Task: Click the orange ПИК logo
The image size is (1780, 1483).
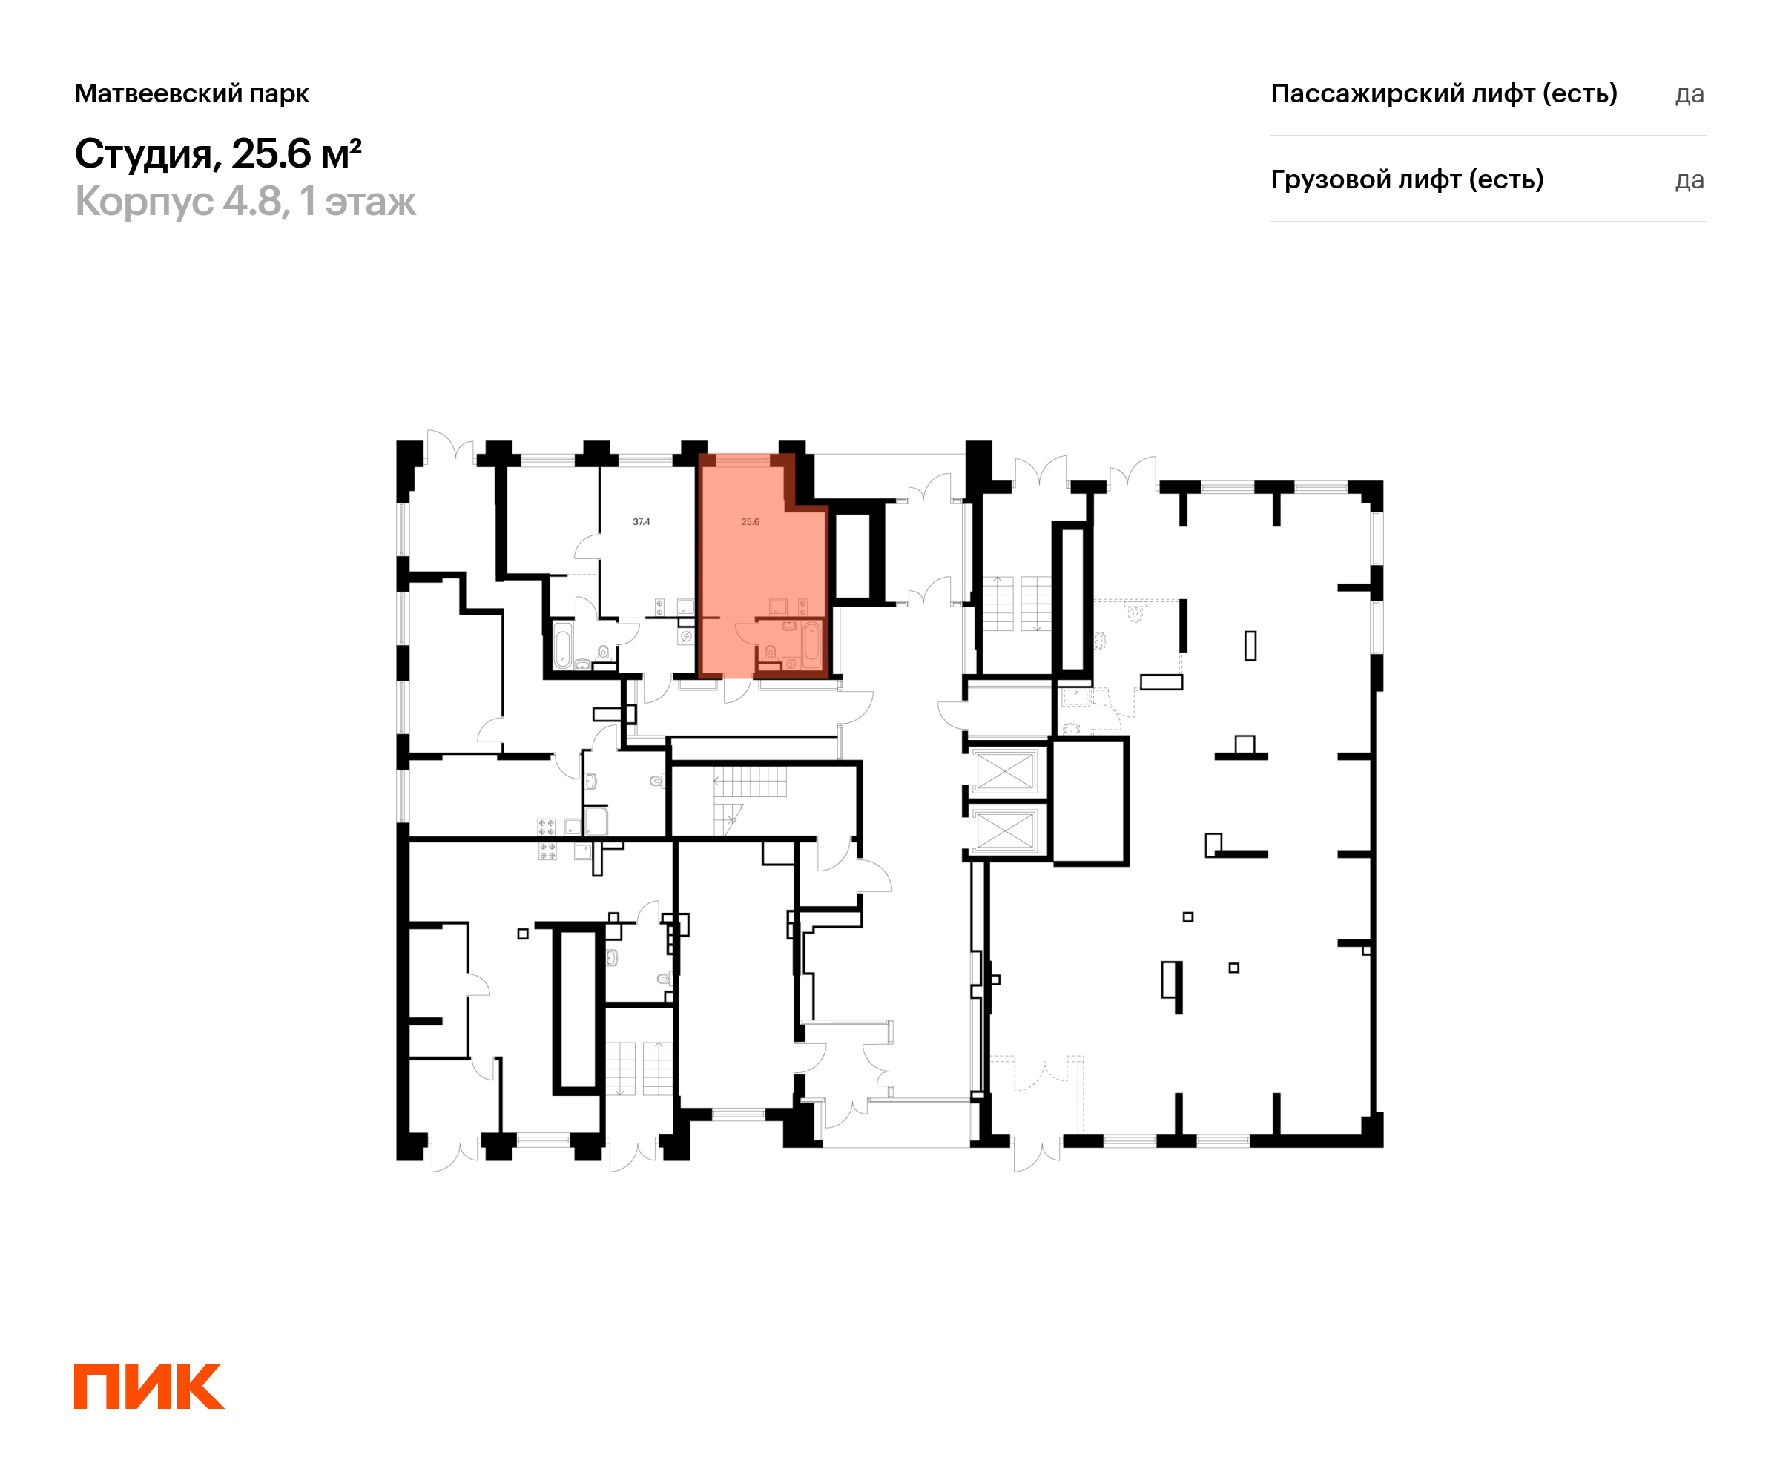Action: point(149,1387)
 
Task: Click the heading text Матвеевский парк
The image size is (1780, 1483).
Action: point(191,93)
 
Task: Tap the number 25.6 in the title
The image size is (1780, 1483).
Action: point(271,153)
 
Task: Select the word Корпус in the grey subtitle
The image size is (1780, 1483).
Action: point(144,202)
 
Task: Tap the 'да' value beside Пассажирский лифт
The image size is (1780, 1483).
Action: point(1690,94)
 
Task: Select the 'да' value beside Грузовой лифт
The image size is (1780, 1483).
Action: point(1690,180)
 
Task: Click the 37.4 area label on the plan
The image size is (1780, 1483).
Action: point(642,522)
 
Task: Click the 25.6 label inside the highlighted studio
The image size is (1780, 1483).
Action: point(750,522)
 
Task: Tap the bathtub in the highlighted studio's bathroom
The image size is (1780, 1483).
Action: point(812,646)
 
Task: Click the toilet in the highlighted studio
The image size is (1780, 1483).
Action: point(770,653)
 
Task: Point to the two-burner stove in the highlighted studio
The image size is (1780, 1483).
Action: point(802,607)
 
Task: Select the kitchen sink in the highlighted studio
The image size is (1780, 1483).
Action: point(778,607)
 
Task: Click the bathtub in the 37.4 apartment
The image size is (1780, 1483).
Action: point(563,646)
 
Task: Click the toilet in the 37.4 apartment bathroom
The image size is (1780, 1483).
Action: point(604,653)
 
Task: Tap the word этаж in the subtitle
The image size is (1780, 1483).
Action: point(370,203)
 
